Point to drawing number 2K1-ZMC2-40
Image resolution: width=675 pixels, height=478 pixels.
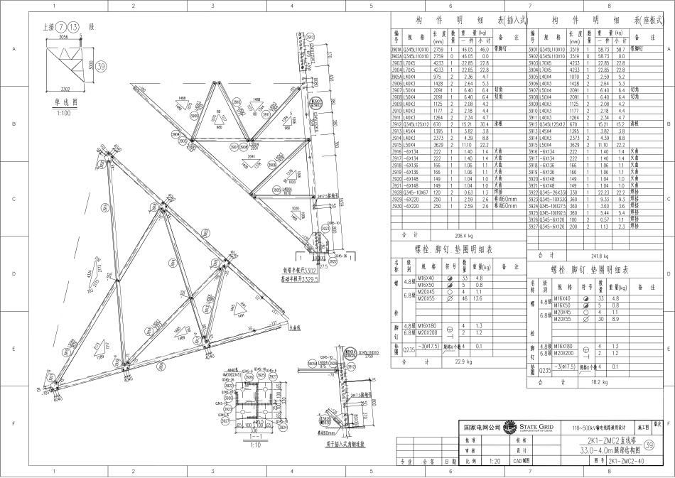626,461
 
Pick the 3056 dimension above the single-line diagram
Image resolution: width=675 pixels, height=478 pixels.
63,35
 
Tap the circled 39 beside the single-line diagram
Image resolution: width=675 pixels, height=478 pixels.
102,66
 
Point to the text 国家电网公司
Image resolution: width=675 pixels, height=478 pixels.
478,428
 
